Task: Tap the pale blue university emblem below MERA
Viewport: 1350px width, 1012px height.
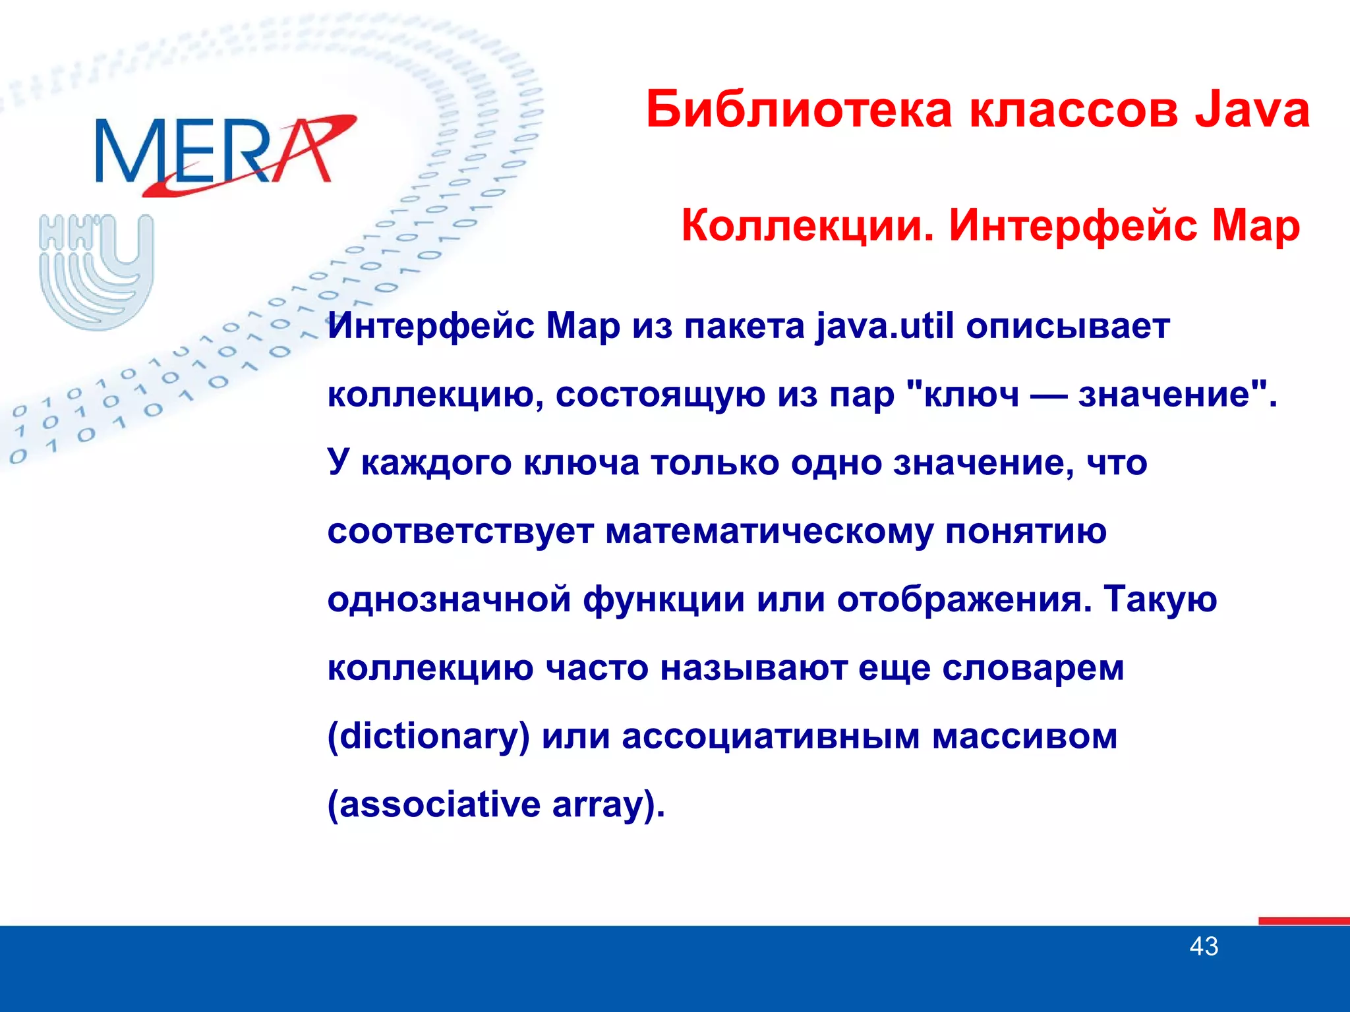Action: (x=97, y=271)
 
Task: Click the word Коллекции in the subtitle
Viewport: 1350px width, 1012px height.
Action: (x=807, y=225)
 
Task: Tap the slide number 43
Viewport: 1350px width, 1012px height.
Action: (x=1204, y=947)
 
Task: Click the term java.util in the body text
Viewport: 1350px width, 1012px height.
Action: (x=885, y=326)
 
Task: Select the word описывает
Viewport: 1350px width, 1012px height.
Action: (x=1068, y=326)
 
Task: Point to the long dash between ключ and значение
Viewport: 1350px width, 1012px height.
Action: (x=1049, y=396)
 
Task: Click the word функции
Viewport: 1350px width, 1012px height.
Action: (x=664, y=600)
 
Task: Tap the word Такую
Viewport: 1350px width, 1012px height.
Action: (x=1160, y=600)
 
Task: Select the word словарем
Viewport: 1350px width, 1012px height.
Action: (x=1033, y=668)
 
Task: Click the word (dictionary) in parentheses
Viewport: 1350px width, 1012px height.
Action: (x=428, y=737)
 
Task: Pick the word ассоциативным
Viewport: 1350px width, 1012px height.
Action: (x=771, y=737)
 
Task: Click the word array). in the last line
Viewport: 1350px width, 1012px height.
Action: (x=608, y=805)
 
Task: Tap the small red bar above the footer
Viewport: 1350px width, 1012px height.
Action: (x=1303, y=921)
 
